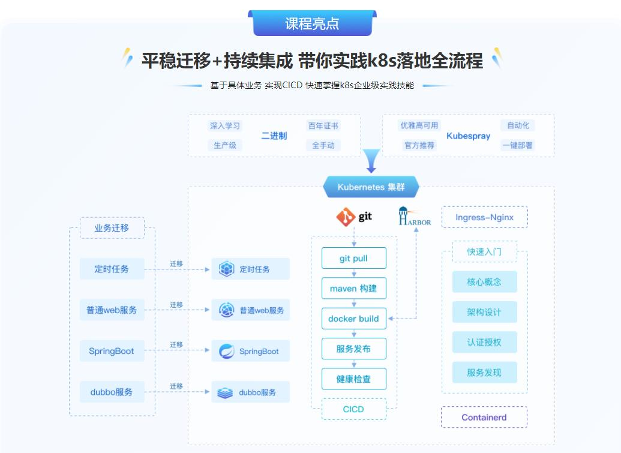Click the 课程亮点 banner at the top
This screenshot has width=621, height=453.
[312, 23]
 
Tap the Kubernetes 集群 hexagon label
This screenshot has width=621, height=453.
[371, 187]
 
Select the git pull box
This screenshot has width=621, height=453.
[353, 259]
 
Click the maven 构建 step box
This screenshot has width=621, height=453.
[353, 289]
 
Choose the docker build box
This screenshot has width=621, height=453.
[353, 319]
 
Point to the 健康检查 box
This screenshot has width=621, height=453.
[353, 379]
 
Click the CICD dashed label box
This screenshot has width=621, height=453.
[353, 409]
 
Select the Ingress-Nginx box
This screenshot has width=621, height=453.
[484, 217]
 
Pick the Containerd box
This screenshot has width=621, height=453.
[484, 418]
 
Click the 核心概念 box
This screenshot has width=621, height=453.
[484, 282]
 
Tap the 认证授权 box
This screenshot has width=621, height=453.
[484, 343]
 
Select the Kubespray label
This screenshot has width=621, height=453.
[468, 136]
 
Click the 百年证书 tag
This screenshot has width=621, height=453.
[323, 126]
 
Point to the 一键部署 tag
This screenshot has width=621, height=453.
[517, 145]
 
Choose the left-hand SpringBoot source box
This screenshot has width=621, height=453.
[112, 351]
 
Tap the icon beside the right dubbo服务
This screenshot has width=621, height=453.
[225, 392]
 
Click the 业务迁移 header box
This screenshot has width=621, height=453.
[112, 228]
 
